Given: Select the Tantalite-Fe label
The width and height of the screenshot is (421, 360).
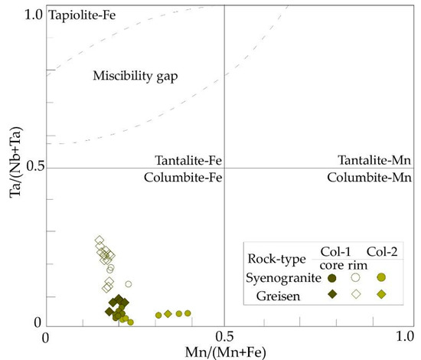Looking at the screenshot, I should [188, 160].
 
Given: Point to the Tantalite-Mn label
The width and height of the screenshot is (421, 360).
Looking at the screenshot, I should [371, 160].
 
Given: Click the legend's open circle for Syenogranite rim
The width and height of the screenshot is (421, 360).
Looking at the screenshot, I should [356, 278].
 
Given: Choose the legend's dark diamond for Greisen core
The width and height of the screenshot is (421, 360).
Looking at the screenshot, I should [332, 293].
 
